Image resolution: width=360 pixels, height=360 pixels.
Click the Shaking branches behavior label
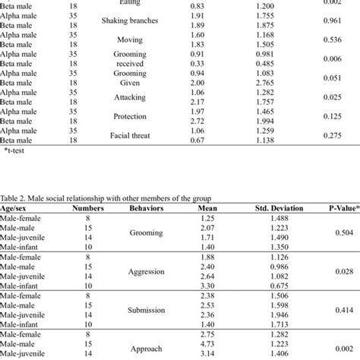tap(131, 21)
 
